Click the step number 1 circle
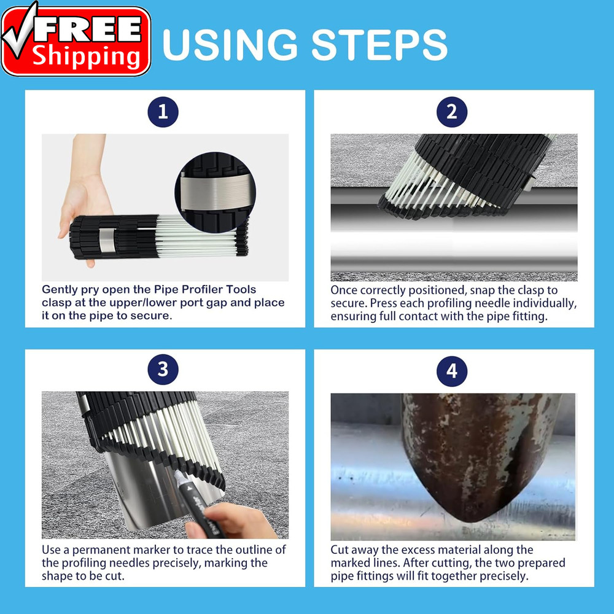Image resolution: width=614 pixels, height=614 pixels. coord(163,112)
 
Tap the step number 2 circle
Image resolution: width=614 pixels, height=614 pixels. coord(452,112)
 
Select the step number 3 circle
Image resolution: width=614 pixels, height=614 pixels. coord(163,370)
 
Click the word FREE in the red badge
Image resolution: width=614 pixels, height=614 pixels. coord(92,29)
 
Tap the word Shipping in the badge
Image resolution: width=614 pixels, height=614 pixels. coord(87,57)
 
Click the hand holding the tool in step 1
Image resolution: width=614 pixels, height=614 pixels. coord(85,196)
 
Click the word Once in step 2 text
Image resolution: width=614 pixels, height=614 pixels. coord(344,290)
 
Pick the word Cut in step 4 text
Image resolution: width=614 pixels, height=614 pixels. coord(341,550)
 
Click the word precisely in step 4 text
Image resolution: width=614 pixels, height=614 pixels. coord(495,577)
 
